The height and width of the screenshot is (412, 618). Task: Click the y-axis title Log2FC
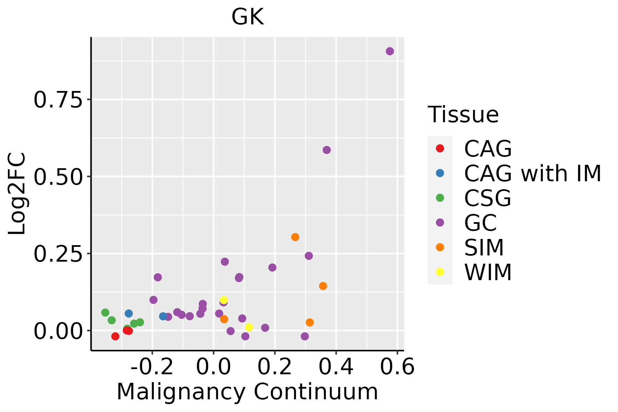coord(17,194)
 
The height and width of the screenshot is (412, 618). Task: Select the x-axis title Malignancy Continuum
coord(247,392)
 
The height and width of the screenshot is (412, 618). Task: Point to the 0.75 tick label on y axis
coord(58,100)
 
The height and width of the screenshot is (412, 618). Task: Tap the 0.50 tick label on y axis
coord(58,177)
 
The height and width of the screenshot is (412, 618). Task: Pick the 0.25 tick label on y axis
coord(58,254)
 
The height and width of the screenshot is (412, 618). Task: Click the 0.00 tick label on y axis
coord(58,331)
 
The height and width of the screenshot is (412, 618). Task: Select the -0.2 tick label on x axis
coord(152,367)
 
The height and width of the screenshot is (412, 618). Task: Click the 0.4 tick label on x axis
coord(336,367)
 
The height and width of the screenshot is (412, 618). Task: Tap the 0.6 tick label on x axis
coord(397,367)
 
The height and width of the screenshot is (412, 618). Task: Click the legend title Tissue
coord(463,115)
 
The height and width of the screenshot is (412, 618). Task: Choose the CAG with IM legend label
coord(533,173)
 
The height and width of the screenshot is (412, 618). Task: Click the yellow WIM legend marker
coord(440,272)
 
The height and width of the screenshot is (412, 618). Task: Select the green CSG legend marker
coord(440,198)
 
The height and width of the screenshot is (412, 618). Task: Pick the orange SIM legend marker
coord(440,247)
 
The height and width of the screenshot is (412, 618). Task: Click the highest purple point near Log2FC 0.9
coord(390,51)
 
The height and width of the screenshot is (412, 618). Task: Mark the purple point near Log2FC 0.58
coord(327,150)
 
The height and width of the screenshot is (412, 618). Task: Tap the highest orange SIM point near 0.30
coord(295,237)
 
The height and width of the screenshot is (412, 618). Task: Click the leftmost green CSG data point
coord(105,312)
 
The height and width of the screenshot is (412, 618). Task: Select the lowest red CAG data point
coord(115,336)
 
